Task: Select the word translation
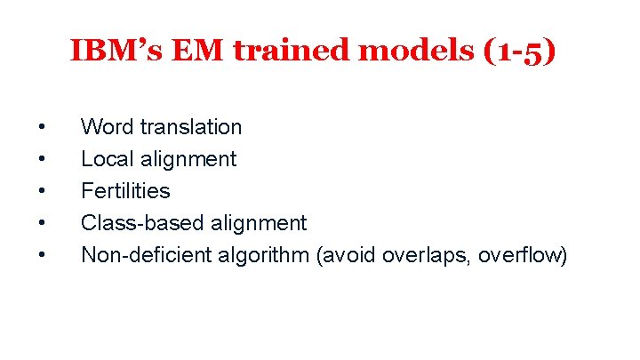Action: (191, 127)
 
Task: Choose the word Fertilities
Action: (125, 191)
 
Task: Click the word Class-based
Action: (142, 223)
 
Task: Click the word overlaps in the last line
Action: (427, 255)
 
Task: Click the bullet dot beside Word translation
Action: (43, 128)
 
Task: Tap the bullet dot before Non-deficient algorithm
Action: (43, 256)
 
